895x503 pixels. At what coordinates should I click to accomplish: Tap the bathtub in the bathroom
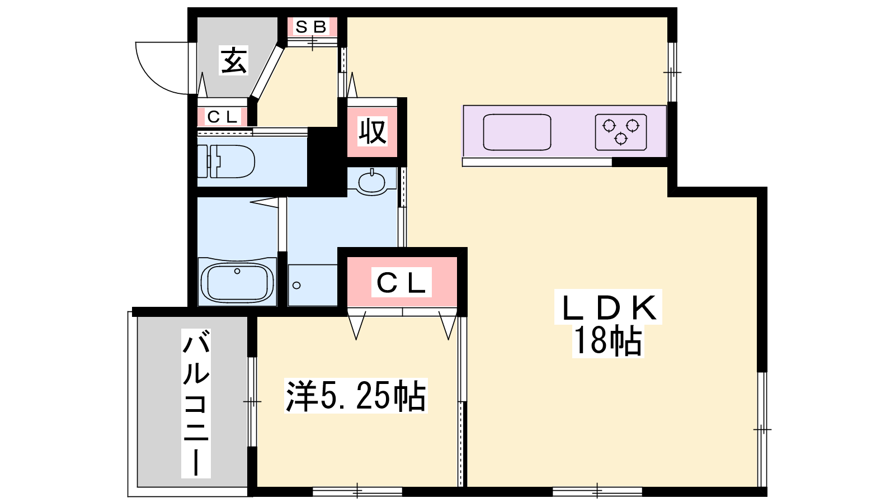pyautogui.click(x=237, y=282)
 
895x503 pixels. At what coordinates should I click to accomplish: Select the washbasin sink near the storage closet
pyautogui.click(x=371, y=182)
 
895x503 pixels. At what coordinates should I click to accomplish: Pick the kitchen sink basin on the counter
pyautogui.click(x=517, y=132)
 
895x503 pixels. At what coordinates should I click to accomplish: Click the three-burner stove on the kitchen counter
pyautogui.click(x=621, y=132)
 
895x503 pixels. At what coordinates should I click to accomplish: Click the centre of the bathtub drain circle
pyautogui.click(x=237, y=271)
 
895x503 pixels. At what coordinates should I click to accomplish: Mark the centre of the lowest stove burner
pyautogui.click(x=621, y=139)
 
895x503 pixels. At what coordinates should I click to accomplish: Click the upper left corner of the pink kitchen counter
pyautogui.click(x=464, y=106)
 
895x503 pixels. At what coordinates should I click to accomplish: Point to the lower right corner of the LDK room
pyautogui.click(x=757, y=487)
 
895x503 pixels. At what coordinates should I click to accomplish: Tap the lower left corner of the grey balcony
pyautogui.click(x=138, y=487)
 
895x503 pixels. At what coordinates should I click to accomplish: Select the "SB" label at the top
pyautogui.click(x=312, y=27)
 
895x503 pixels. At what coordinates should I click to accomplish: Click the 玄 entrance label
pyautogui.click(x=234, y=60)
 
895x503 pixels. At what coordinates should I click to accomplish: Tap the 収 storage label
pyautogui.click(x=373, y=131)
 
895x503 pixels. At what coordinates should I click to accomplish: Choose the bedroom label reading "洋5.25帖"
pyautogui.click(x=356, y=396)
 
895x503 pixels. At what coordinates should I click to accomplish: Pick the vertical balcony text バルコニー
pyautogui.click(x=196, y=403)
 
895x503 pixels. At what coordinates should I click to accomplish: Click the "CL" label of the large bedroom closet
pyautogui.click(x=401, y=282)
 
